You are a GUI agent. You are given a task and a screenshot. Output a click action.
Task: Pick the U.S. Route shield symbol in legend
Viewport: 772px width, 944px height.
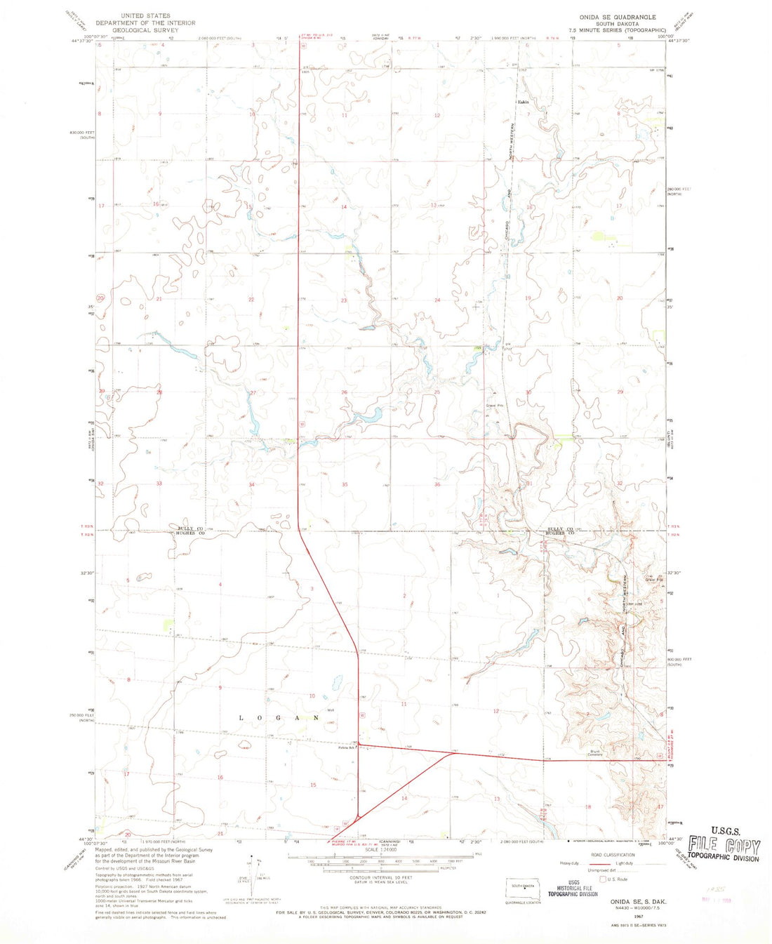pos(602,879)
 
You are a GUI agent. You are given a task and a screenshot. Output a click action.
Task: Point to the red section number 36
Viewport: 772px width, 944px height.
pos(437,484)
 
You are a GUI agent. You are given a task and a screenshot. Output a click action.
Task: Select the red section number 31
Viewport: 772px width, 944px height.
pos(528,484)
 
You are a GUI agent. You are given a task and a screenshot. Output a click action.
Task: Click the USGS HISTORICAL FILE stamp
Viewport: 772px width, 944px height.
pos(573,888)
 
